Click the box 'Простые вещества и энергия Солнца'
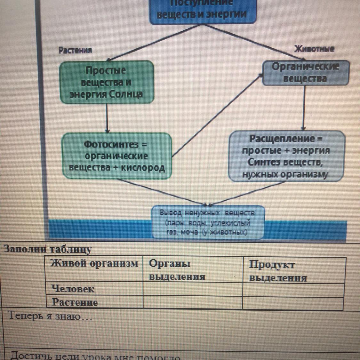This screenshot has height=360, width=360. pyautogui.click(x=107, y=82)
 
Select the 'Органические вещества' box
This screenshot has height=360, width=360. pyautogui.click(x=305, y=73)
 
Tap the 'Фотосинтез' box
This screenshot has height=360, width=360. pyautogui.click(x=117, y=156)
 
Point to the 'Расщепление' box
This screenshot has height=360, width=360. pyautogui.click(x=286, y=156)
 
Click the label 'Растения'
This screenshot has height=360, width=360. pyautogui.click(x=75, y=50)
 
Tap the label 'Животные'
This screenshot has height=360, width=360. pyautogui.click(x=314, y=49)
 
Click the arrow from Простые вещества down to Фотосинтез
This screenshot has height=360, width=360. pyautogui.click(x=107, y=118)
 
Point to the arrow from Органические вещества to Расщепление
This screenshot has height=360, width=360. pyautogui.click(x=304, y=108)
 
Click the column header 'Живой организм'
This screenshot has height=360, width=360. pyautogui.click(x=94, y=264)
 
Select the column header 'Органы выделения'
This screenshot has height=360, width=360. pyautogui.click(x=177, y=270)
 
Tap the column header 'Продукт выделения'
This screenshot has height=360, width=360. pyautogui.click(x=278, y=271)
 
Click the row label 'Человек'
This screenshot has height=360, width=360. pyautogui.click(x=73, y=289)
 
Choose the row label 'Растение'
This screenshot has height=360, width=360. pyautogui.click(x=75, y=302)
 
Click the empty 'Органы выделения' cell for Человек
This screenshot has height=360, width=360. pyautogui.click(x=192, y=289)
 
